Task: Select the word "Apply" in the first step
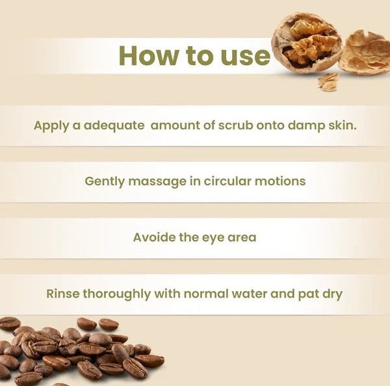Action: click(x=51, y=126)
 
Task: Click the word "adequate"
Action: click(x=114, y=125)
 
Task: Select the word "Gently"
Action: click(x=105, y=182)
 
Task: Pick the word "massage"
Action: click(x=157, y=183)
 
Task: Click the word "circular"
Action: click(x=227, y=181)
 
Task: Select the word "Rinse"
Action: click(x=63, y=294)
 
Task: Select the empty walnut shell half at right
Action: click(x=365, y=53)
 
